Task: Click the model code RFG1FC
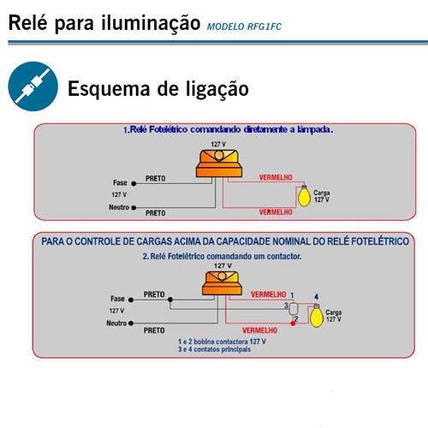[x=265, y=27]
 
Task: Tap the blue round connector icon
[x=33, y=86]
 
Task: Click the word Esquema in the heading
[x=109, y=89]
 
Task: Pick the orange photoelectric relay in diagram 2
[x=222, y=282]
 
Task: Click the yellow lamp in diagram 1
[x=304, y=196]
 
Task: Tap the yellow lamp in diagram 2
[x=317, y=316]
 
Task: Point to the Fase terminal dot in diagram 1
[x=134, y=184]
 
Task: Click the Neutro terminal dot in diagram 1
[x=134, y=208]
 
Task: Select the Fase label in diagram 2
[x=117, y=299]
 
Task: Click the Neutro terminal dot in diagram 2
[x=131, y=324]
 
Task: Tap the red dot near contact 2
[x=293, y=324]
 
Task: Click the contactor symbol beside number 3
[x=293, y=308]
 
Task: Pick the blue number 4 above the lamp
[x=316, y=297]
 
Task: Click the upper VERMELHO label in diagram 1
[x=276, y=177]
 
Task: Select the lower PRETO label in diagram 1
[x=156, y=213]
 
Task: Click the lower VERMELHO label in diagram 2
[x=259, y=330]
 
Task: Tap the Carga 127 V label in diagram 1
[x=322, y=196]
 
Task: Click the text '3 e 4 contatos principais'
[x=214, y=349]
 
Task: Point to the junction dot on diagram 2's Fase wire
[x=170, y=300]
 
